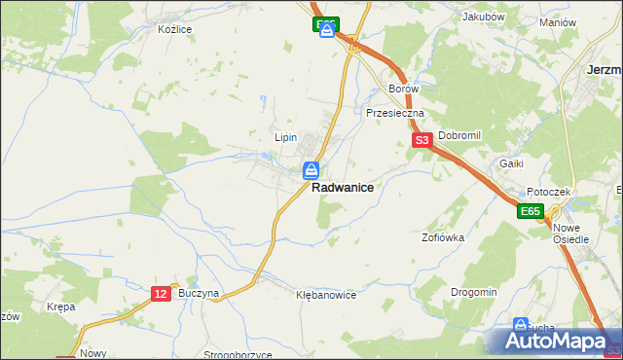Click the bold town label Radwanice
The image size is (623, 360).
(343, 189)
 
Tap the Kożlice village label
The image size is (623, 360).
(175, 29)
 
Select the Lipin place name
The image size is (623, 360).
(284, 138)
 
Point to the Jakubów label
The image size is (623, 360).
(483, 17)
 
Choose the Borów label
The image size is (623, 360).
(403, 89)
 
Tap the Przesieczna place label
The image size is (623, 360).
(396, 113)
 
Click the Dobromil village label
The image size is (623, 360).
(460, 136)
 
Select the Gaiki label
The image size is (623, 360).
(513, 163)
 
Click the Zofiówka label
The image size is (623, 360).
(443, 236)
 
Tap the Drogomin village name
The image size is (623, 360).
(474, 292)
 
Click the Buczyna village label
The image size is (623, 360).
(200, 293)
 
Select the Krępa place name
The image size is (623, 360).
(60, 306)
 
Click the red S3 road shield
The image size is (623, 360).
(421, 141)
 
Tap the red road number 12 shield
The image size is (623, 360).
(162, 293)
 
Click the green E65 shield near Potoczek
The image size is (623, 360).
(530, 211)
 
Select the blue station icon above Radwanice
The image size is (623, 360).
(310, 171)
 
